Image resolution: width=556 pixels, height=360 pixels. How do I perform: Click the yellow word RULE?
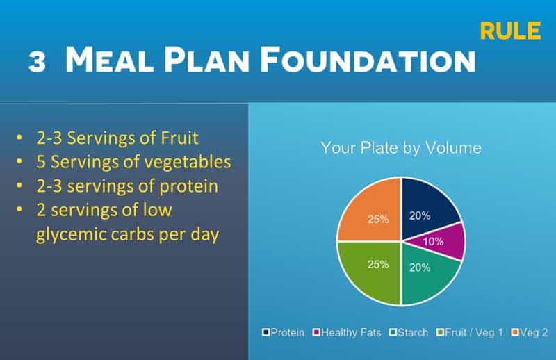click(510, 31)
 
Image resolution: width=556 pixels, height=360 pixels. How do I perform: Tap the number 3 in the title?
click(38, 61)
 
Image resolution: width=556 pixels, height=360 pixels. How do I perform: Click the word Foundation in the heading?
click(368, 60)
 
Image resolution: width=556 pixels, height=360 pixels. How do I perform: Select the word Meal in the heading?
click(109, 60)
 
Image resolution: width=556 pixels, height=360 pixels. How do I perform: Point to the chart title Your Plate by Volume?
click(401, 147)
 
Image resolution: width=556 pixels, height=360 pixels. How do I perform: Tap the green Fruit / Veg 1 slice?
click(373, 270)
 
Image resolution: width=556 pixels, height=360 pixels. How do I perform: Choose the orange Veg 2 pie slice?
click(373, 213)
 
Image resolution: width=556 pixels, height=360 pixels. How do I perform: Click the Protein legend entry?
click(283, 333)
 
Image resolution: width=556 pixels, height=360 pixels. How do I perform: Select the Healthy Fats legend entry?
click(347, 333)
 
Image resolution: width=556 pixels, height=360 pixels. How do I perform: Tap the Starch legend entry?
click(409, 333)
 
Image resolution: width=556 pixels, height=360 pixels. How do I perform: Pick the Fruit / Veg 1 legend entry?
click(470, 333)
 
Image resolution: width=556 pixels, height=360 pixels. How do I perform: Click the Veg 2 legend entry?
click(530, 333)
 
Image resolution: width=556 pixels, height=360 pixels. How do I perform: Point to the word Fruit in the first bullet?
click(179, 138)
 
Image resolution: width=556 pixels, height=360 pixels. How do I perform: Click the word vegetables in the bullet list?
click(188, 163)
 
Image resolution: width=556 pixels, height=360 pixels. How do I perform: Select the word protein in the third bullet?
click(188, 186)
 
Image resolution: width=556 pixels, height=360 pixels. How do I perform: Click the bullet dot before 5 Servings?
click(19, 161)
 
